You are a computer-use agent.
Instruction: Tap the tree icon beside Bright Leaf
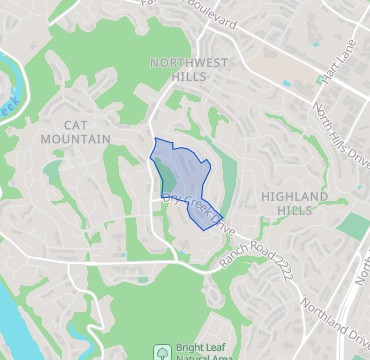(160, 352)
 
